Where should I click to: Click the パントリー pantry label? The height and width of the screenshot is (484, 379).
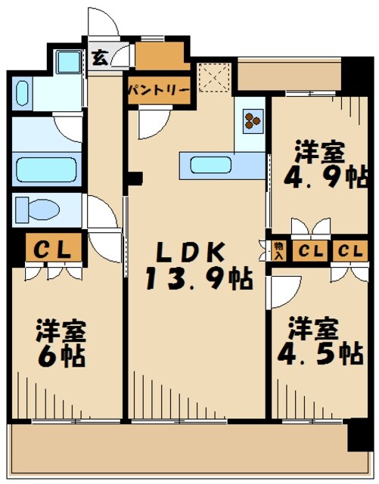click(x=158, y=88)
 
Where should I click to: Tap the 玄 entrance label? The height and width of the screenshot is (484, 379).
click(x=99, y=57)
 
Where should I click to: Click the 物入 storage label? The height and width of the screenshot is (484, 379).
click(x=279, y=250)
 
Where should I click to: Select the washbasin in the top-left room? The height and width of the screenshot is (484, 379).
click(x=21, y=94)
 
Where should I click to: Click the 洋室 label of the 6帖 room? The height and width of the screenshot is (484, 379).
click(x=62, y=331)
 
